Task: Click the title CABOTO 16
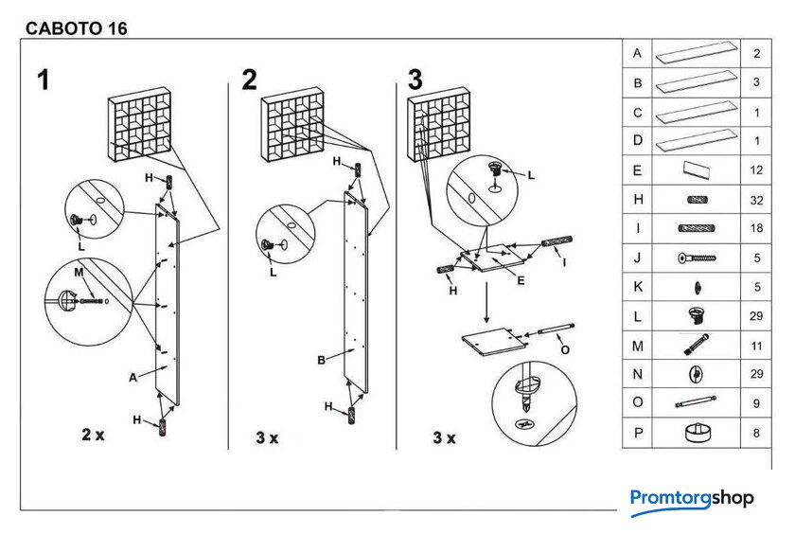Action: (76, 28)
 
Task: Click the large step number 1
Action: (44, 80)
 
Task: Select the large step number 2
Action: (250, 80)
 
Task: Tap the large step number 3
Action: (415, 80)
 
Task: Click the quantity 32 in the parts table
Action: (756, 201)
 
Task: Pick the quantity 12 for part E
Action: (756, 169)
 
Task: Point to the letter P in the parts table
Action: (638, 433)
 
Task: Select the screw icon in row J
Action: (698, 258)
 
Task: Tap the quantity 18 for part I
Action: (756, 228)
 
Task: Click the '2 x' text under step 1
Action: (94, 435)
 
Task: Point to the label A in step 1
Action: (132, 377)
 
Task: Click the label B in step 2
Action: (321, 360)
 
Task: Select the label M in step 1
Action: (79, 273)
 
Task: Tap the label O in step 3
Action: (565, 350)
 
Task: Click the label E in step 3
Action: (521, 280)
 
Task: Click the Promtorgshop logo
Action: (692, 501)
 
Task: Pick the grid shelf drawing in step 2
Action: (293, 124)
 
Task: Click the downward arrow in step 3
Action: (486, 302)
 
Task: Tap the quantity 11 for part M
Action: (756, 346)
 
